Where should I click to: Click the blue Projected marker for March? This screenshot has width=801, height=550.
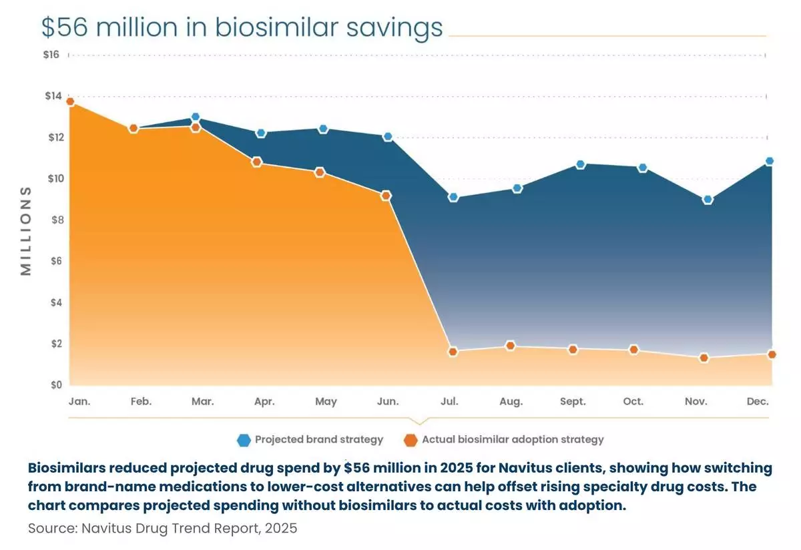click(x=195, y=117)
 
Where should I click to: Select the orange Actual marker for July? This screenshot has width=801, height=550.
click(x=453, y=352)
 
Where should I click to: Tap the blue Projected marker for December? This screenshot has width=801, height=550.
click(x=770, y=161)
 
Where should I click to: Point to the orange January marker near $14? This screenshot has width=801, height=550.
click(x=71, y=102)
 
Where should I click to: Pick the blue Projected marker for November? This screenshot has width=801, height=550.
click(x=708, y=200)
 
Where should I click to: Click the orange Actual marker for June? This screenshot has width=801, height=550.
click(x=386, y=196)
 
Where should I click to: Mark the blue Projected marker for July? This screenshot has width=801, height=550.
click(x=453, y=197)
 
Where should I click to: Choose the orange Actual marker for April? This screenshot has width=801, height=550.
click(x=256, y=162)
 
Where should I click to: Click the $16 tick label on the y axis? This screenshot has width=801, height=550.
click(x=51, y=55)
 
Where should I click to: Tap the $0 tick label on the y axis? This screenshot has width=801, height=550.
click(x=56, y=384)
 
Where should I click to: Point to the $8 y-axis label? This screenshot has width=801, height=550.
click(x=57, y=220)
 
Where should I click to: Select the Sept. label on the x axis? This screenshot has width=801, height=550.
click(x=573, y=401)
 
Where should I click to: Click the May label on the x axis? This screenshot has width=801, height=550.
click(x=326, y=402)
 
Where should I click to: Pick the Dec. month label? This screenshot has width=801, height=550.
click(x=758, y=401)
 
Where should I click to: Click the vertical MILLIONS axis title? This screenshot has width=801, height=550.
click(x=26, y=231)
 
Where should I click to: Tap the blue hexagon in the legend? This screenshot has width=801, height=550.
click(x=244, y=441)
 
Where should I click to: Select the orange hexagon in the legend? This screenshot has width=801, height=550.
click(x=411, y=441)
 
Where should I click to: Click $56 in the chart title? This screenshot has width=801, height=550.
click(x=64, y=27)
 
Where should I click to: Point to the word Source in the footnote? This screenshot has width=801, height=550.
click(x=53, y=528)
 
